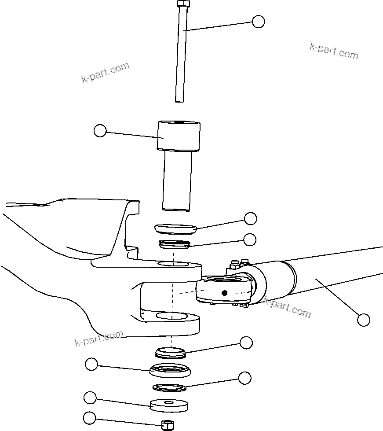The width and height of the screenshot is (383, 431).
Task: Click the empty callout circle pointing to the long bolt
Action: [x=258, y=22]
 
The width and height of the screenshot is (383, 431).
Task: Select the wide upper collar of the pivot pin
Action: [x=179, y=136]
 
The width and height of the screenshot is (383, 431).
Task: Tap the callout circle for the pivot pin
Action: [x=100, y=130]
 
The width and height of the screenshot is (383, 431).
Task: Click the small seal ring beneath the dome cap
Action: [x=174, y=244]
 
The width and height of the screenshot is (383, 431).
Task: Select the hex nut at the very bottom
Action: [x=167, y=425]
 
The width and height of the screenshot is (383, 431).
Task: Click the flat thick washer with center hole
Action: [x=169, y=405]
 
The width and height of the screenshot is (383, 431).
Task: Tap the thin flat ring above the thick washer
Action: [x=170, y=387]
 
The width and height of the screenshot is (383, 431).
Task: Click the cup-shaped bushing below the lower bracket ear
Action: [x=170, y=370]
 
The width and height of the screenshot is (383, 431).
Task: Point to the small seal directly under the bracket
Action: [x=171, y=352]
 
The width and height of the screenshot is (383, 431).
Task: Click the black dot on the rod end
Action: [x=224, y=293]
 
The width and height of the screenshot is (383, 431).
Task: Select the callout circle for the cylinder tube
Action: [x=363, y=320]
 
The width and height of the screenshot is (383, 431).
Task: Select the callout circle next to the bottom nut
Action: [x=89, y=418]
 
